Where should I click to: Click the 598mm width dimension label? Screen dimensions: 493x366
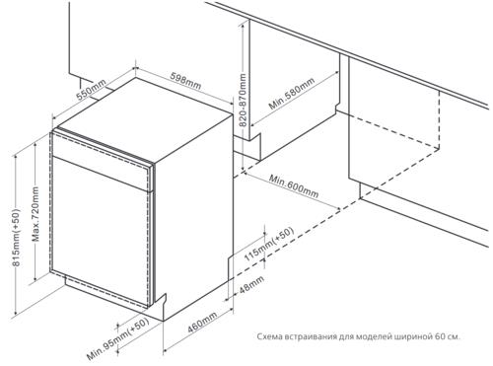[x=185, y=81]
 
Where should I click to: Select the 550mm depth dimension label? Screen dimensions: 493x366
[x=91, y=90]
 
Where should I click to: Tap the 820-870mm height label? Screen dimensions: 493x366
[x=243, y=101]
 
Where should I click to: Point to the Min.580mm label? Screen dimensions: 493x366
[x=292, y=94]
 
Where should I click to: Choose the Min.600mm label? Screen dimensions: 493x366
[x=294, y=186]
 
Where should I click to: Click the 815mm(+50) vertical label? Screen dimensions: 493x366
[x=16, y=237]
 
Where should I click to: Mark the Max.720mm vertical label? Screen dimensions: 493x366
[x=35, y=214]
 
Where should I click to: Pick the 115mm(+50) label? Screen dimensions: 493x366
[x=268, y=245]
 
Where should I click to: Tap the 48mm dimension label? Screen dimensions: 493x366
[x=251, y=285]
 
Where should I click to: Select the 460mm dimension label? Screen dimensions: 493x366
[x=202, y=323]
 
